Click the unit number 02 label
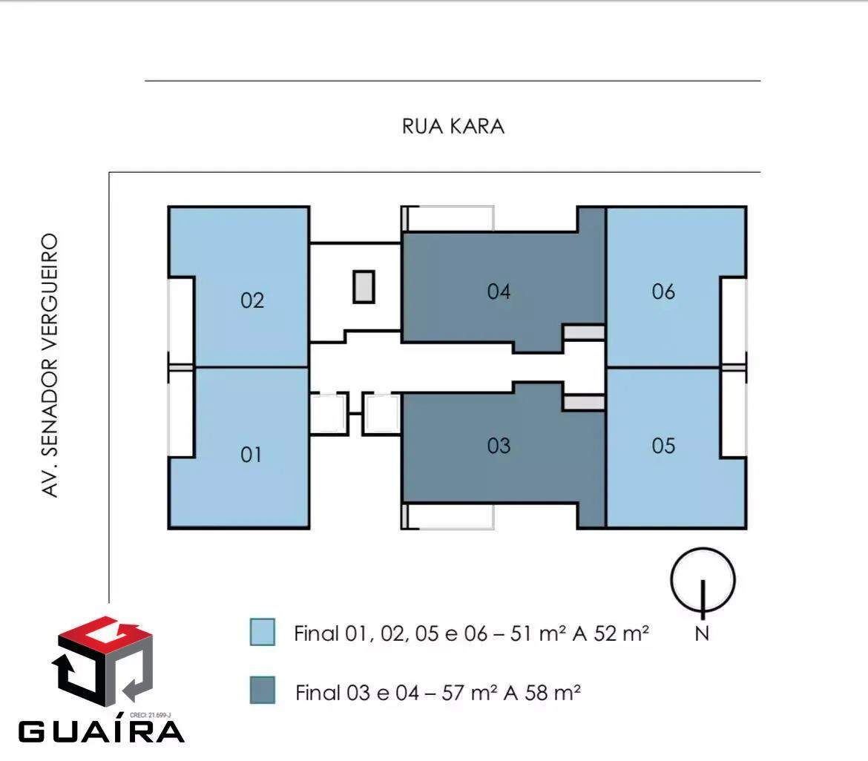coord(252,300)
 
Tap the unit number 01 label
coord(251,454)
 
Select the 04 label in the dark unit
coord(499,291)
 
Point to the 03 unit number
coord(499,445)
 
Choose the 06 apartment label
coord(663,291)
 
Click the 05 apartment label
coord(663,445)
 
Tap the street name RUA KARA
coord(453,126)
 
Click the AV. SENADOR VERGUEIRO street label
coord(50,366)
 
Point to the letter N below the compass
coord(702,634)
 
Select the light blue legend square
coord(263,632)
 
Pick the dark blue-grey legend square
coord(263,690)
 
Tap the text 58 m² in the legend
coord(553,693)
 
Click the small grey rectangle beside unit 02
coord(364,287)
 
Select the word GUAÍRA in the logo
coord(102,731)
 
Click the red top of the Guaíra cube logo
coord(104,635)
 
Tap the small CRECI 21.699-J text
coord(150,715)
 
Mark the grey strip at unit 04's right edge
coord(584,332)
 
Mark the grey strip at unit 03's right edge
coord(584,402)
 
